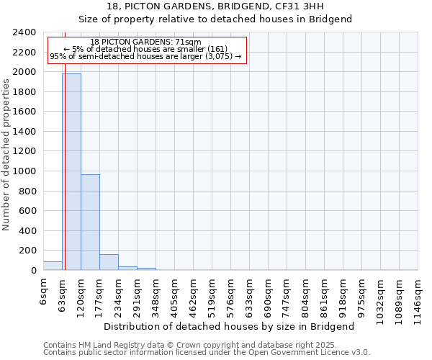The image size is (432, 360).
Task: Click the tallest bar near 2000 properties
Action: (x=71, y=171)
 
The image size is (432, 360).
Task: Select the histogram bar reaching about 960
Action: (x=90, y=222)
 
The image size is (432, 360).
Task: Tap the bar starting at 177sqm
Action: (x=109, y=262)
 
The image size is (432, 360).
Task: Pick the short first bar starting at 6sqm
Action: (x=53, y=266)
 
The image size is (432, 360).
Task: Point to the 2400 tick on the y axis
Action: (x=25, y=32)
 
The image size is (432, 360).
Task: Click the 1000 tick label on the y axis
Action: (x=25, y=171)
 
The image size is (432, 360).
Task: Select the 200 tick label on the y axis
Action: (x=28, y=251)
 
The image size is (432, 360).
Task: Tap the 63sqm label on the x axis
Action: (x=63, y=293)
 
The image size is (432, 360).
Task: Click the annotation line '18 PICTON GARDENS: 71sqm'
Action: (x=146, y=42)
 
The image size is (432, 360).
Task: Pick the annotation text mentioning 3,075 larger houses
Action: (x=146, y=57)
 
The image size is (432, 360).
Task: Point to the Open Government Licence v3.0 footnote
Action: (x=206, y=352)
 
